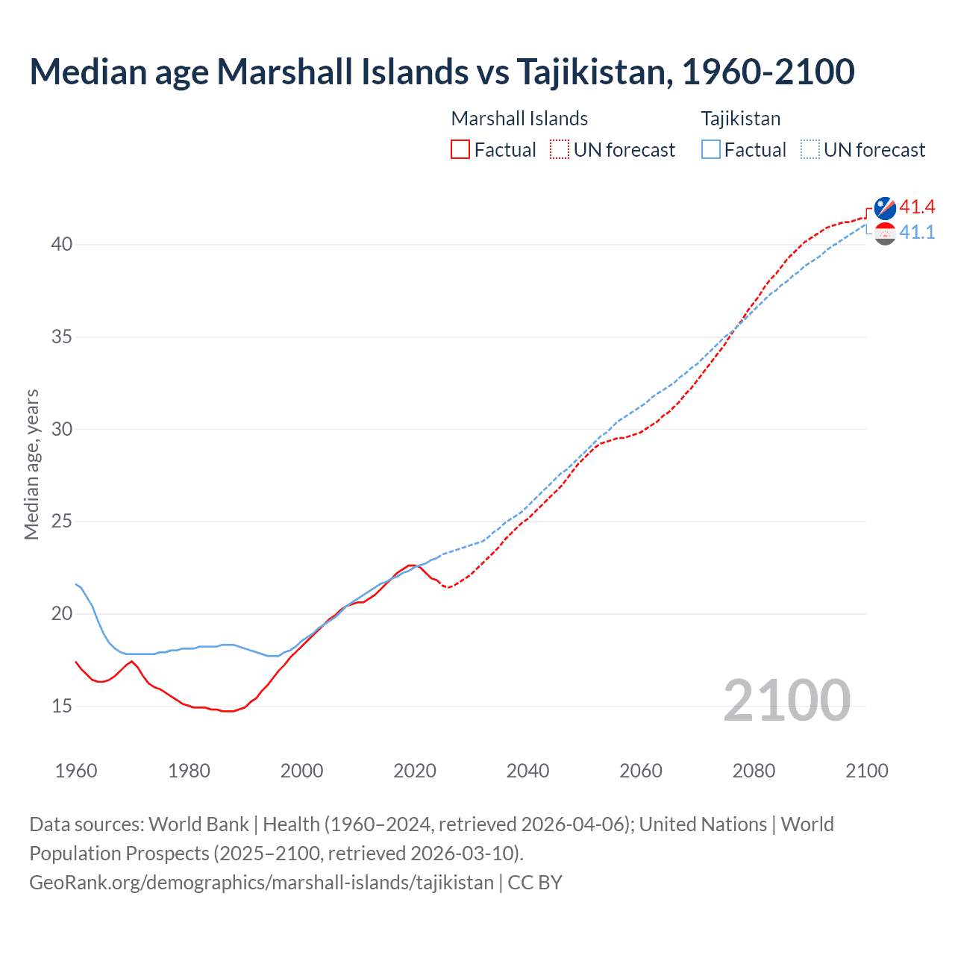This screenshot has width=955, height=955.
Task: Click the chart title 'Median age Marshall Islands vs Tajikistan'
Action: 442,72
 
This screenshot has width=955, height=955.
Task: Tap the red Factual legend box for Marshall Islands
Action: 460,150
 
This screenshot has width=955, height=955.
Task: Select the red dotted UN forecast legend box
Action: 560,150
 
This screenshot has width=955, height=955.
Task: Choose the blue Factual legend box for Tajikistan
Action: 711,150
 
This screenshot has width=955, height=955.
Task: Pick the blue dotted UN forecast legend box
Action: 810,150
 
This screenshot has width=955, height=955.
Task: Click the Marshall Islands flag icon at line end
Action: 885,208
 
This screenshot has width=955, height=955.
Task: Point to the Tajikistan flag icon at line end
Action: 885,234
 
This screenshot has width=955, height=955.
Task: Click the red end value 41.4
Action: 917,207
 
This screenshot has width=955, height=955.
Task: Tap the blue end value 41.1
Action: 917,233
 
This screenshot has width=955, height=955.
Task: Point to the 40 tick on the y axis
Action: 62,245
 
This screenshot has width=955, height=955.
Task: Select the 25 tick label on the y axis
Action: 62,522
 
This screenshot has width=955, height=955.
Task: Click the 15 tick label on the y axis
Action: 62,706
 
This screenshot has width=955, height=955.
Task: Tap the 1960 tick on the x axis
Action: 76,771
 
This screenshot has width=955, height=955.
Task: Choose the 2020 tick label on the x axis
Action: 415,771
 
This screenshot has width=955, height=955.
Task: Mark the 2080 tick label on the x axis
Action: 754,771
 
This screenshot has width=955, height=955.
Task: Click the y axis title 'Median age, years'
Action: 31,464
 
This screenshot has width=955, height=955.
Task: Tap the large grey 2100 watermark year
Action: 786,700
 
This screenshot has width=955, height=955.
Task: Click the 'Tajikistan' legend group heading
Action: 740,119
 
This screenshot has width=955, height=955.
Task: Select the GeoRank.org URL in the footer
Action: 261,883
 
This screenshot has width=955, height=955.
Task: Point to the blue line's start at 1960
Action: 76,584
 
